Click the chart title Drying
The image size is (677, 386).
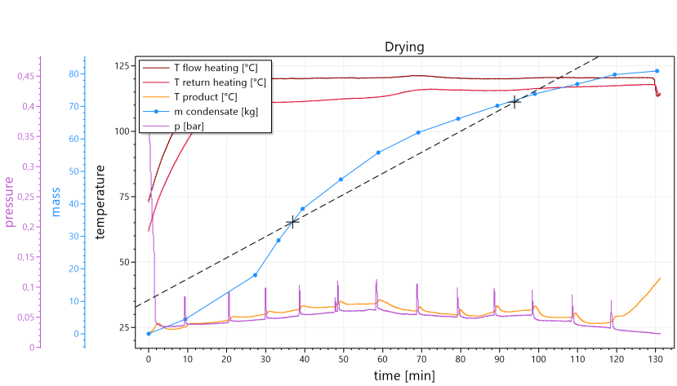pyautogui.click(x=404, y=47)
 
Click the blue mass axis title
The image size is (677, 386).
pyautogui.click(x=56, y=201)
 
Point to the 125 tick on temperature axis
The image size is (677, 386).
pyautogui.click(x=122, y=64)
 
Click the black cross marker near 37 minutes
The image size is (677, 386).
pyautogui.click(x=292, y=222)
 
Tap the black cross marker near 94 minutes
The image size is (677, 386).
pyautogui.click(x=514, y=102)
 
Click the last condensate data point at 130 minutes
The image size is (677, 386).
pyautogui.click(x=657, y=71)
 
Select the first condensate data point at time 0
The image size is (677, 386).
pyautogui.click(x=149, y=334)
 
